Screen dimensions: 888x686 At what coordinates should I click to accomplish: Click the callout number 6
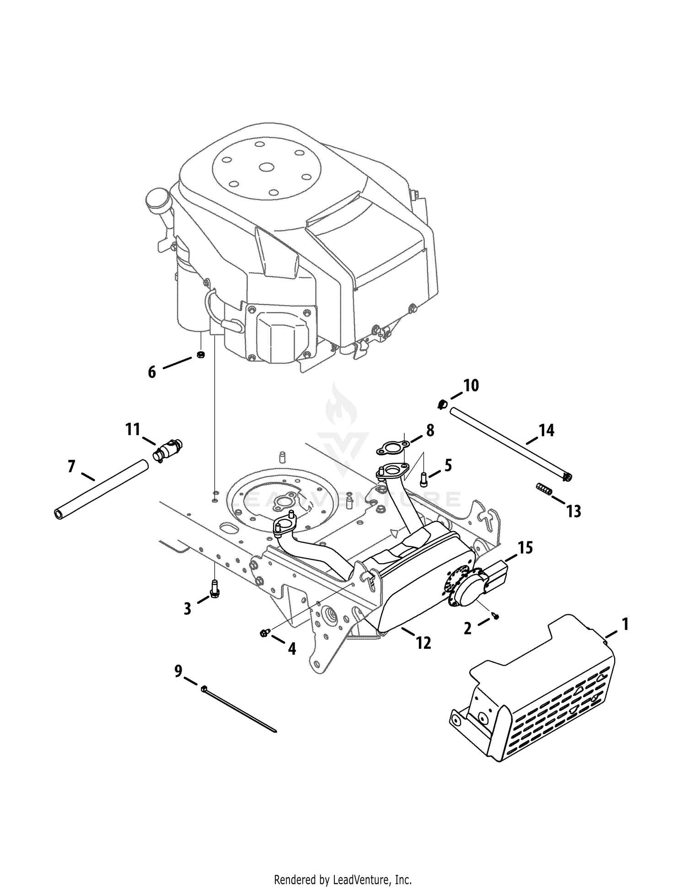coord(152,372)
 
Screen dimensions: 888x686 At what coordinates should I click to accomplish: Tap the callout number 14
coord(547,430)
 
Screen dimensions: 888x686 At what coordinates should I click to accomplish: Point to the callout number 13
coord(573,511)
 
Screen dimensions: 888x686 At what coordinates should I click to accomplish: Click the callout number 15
coord(525,547)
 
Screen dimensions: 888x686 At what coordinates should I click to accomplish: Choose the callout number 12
coord(423,643)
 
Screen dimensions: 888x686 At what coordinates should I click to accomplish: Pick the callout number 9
coord(178,671)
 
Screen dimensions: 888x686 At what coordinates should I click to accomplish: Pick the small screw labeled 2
coord(496,617)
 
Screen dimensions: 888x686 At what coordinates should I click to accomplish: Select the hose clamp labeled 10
coord(441,404)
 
